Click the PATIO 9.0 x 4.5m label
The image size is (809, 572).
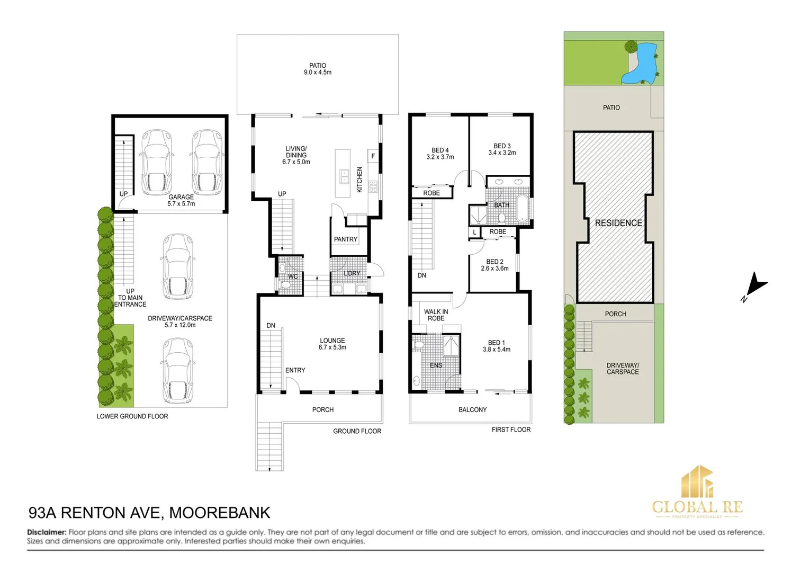point(318,69)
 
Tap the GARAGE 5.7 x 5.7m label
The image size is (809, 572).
point(181,200)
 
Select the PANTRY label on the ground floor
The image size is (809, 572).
point(346,239)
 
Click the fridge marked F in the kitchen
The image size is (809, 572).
point(373,156)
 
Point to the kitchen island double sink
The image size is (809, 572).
point(344,176)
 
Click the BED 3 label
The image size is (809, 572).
point(502,149)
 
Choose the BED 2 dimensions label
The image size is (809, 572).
point(495,269)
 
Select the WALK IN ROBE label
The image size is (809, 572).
point(436,315)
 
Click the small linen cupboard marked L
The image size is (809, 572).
point(474,233)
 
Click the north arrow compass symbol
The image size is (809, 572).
point(756,285)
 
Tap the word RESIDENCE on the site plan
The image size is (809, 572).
point(618,223)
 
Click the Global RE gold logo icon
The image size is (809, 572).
point(697,482)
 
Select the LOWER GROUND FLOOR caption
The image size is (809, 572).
point(132,416)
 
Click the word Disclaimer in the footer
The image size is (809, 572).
point(47,532)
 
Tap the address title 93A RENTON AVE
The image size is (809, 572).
point(95,513)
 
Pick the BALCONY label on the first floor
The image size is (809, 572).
point(472,409)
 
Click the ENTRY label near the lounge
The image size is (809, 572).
point(295,370)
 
